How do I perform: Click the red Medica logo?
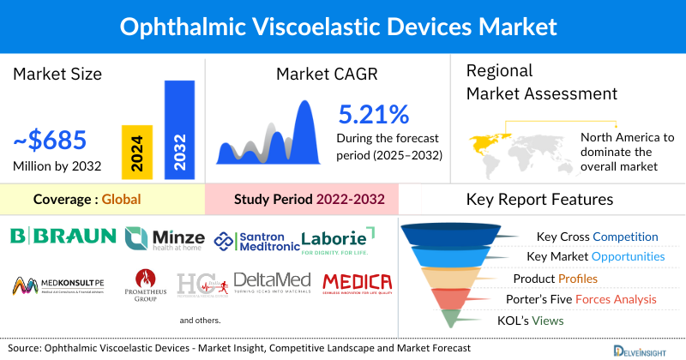(x=357, y=282)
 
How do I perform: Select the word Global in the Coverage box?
(x=121, y=200)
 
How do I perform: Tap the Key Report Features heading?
(x=539, y=200)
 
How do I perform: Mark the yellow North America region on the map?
(x=487, y=141)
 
